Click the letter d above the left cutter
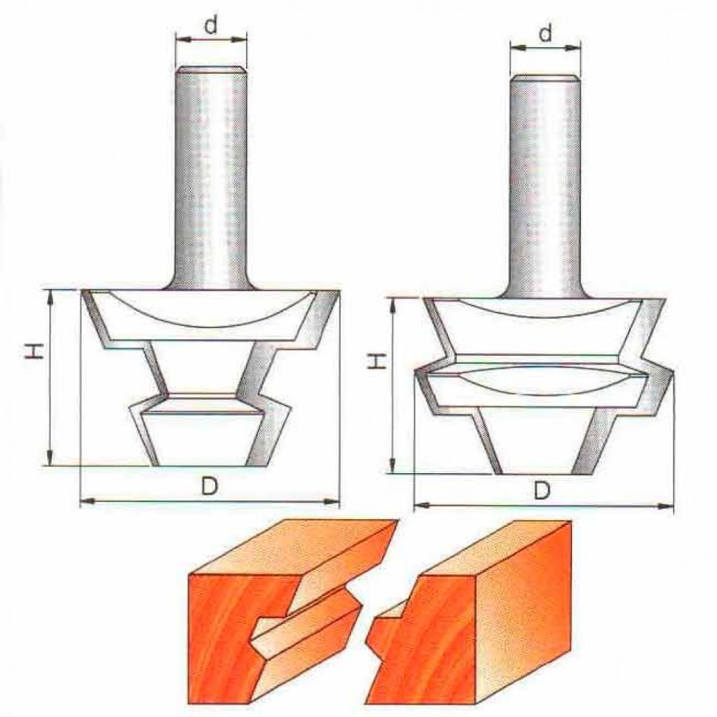coord(211,26)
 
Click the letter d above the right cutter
coord(546,33)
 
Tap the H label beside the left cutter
coord(34,350)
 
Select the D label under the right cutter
coord(543,491)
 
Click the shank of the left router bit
coord(211,178)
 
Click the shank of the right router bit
coord(545,186)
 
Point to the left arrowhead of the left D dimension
coord(88,502)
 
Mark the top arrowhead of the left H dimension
coord(50,297)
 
